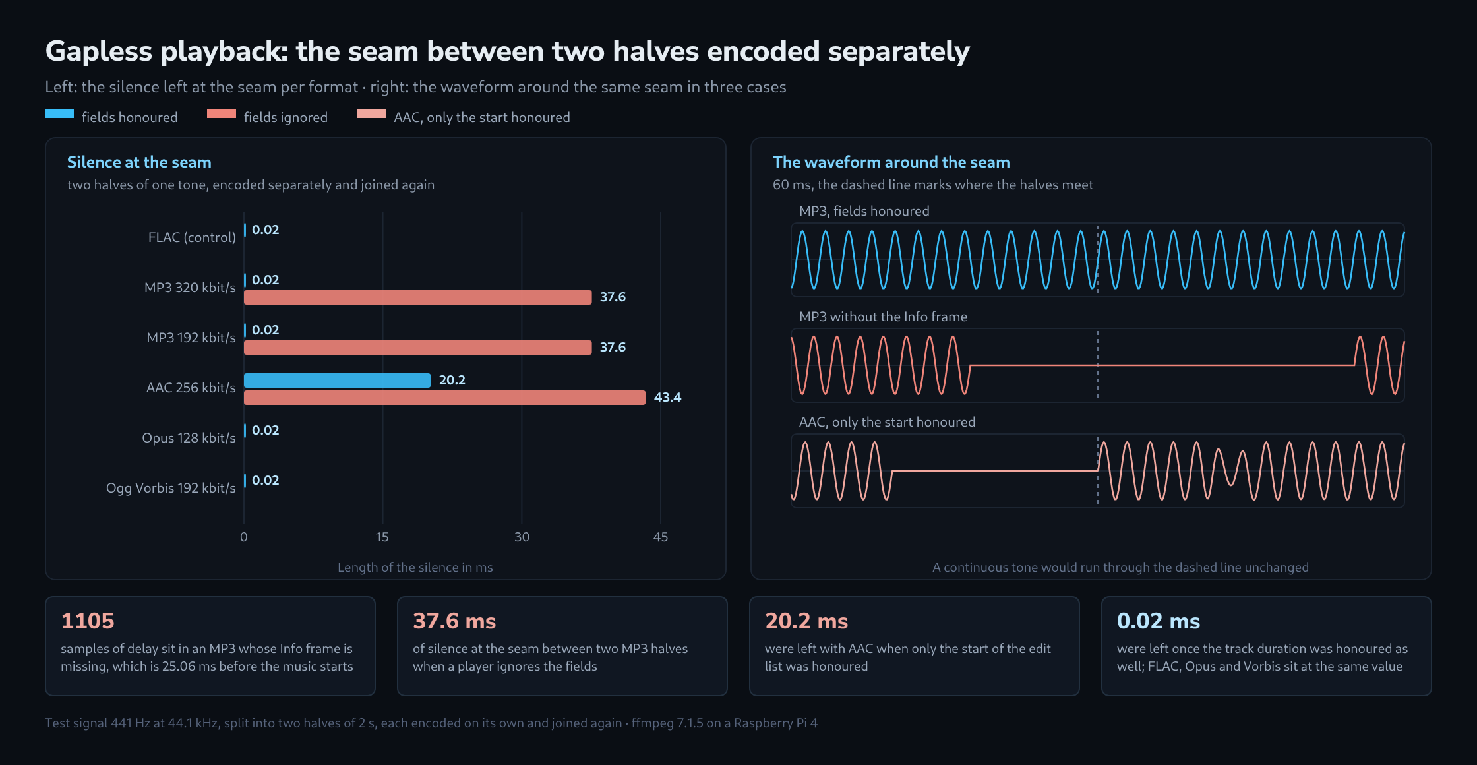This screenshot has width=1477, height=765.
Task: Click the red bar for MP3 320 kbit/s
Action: tap(417, 297)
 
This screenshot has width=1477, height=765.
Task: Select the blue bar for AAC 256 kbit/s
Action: tap(337, 381)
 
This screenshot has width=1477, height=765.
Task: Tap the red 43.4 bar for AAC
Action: tap(444, 398)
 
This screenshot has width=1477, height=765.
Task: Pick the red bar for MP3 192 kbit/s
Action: tap(417, 348)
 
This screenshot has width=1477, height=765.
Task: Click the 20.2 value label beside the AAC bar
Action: tap(452, 380)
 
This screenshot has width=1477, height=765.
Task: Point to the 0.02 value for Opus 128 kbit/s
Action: tap(266, 430)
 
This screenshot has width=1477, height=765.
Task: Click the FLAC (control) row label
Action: tap(192, 237)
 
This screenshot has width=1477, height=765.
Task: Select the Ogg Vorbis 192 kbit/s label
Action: tap(171, 488)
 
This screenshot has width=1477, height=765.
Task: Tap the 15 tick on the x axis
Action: tap(382, 537)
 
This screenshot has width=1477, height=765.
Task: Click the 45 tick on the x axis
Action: tap(661, 537)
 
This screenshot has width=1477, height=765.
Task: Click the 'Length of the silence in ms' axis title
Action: tap(415, 567)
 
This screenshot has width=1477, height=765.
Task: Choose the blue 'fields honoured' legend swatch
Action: tap(59, 113)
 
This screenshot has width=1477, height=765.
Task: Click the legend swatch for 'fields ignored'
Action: tap(222, 113)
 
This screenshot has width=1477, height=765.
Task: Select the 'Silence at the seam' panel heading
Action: tap(139, 162)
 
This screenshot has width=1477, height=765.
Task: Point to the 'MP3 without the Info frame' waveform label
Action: tap(883, 317)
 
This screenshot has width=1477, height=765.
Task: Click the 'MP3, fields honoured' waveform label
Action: tap(864, 211)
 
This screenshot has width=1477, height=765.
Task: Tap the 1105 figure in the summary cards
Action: tap(88, 621)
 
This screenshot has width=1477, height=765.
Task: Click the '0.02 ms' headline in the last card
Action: tap(1159, 621)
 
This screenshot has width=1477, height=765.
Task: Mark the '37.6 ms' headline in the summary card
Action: tap(454, 621)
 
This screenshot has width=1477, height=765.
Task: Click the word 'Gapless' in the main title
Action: tap(99, 51)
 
